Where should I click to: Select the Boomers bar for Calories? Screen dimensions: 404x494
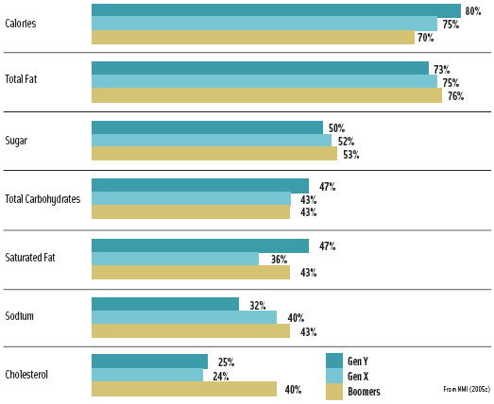tap(253, 38)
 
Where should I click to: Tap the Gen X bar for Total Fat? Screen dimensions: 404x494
tap(264, 82)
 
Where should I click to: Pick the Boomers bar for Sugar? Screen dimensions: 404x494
tap(213, 154)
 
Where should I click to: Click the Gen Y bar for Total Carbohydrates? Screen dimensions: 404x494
tap(199, 186)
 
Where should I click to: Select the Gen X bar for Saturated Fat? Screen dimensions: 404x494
tap(175, 259)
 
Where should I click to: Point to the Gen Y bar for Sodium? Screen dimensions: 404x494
tap(165, 304)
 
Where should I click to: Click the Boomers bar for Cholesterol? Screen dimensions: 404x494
tap(183, 389)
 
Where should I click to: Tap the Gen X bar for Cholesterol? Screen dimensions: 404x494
tap(146, 375)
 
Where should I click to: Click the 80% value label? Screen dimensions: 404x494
tap(473, 11)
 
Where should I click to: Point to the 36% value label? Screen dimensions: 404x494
tap(280, 260)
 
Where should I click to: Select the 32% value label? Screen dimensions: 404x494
tap(257, 305)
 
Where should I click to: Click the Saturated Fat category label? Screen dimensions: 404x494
tap(32, 259)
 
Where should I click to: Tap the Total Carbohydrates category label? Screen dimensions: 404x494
tap(43, 199)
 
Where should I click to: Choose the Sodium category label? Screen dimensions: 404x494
tap(20, 316)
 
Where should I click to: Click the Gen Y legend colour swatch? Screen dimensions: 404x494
tap(333, 360)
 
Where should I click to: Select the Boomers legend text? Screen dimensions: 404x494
tap(364, 391)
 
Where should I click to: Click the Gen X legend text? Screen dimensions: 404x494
tap(358, 376)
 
